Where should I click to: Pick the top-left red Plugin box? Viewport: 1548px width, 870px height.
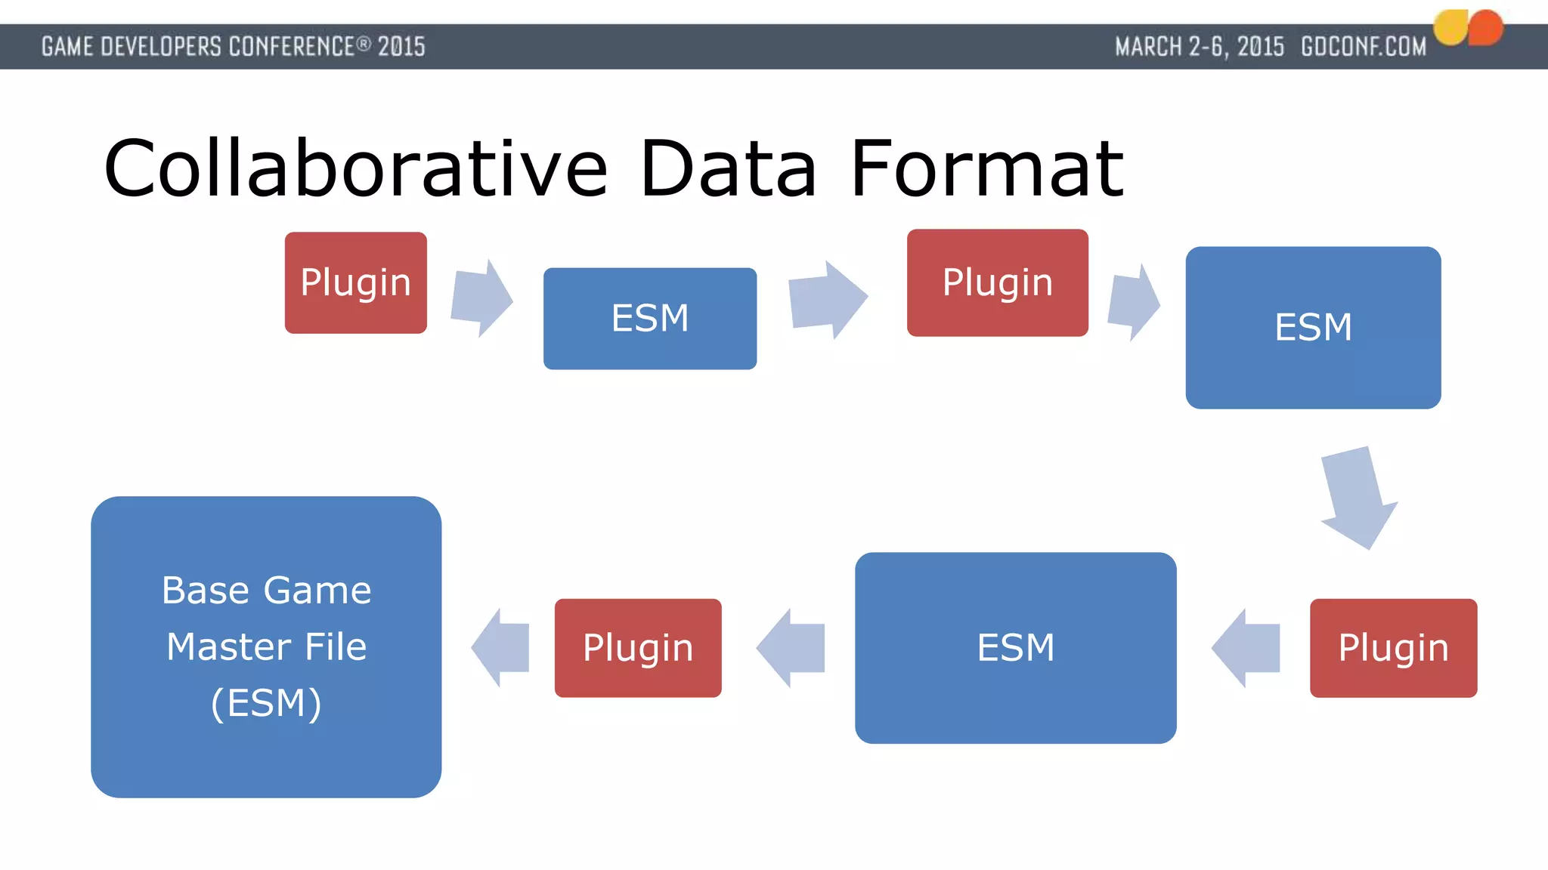355,282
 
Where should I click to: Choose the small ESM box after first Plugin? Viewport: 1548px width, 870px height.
649,318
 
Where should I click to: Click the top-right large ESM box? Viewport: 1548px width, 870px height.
1313,327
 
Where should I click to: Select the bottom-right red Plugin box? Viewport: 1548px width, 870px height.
1393,647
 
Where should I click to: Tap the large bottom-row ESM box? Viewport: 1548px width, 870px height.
1015,647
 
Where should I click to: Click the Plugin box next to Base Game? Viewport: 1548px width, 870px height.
637,647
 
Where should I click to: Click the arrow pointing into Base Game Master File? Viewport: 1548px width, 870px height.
501,647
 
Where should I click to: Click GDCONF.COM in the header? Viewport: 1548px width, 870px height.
1364,47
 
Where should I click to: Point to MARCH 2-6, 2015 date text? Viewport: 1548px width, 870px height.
1200,47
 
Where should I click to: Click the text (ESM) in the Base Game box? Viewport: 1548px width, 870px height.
266,703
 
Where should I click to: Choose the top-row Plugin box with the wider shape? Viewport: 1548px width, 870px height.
997,282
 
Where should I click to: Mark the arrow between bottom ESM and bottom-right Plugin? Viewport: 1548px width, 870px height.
1246,647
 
